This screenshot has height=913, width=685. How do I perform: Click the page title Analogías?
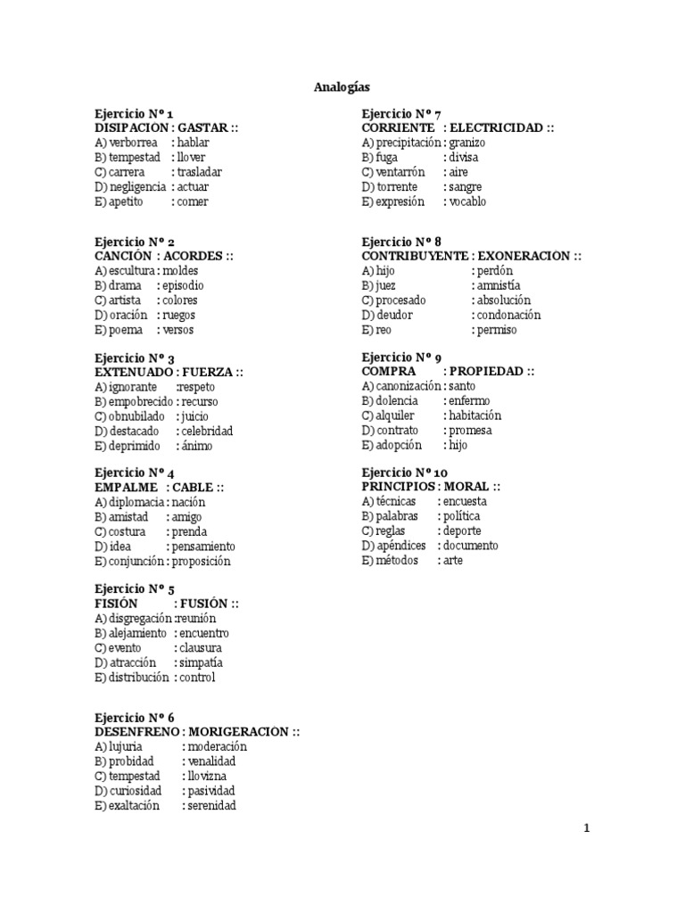[x=342, y=87]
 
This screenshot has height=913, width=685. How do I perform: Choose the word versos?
[x=177, y=330]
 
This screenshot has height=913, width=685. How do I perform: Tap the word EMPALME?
[x=126, y=487]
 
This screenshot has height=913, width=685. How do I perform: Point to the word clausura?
[x=200, y=647]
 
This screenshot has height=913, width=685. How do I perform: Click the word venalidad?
[x=212, y=761]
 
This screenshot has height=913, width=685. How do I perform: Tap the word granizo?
[x=467, y=143]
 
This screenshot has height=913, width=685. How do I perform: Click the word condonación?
[x=508, y=315]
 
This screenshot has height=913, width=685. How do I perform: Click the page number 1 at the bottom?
[x=587, y=828]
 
